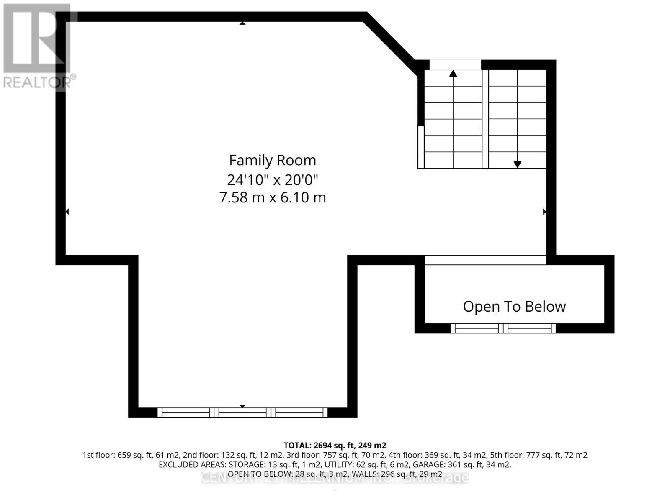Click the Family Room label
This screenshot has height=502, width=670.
272,160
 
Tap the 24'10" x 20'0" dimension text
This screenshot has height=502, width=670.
272,180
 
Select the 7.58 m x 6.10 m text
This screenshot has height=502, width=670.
272,197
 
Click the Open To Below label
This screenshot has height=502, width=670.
514,307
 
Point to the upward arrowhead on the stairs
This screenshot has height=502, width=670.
453,73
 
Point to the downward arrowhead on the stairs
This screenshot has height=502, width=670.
517,165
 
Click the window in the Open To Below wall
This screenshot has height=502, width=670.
503,328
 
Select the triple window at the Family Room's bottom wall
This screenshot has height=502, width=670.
242,413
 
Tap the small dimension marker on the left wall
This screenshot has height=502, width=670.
67,212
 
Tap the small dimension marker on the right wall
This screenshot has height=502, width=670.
544,212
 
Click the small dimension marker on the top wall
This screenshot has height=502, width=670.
242,23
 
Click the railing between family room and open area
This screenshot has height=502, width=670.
485,260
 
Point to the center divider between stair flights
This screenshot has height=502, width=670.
485,119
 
